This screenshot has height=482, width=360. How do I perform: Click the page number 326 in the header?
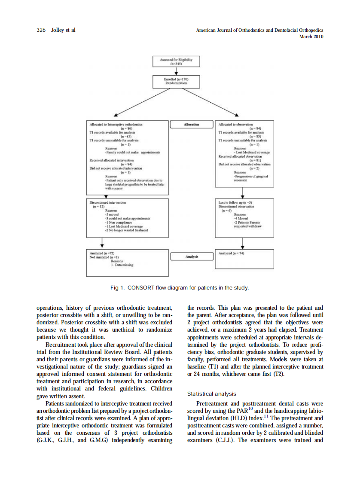[x=42, y=30]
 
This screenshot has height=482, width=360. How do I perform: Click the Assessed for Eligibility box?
[x=176, y=61]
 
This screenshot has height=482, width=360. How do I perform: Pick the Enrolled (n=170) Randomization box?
[x=176, y=81]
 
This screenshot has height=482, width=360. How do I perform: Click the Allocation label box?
[x=192, y=125]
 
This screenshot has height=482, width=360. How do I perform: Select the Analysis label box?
[x=192, y=256]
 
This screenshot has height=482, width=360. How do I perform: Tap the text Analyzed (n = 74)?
[x=232, y=253]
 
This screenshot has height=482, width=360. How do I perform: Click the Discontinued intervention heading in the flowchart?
[x=108, y=201]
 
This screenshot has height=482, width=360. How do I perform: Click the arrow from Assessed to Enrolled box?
[x=176, y=71]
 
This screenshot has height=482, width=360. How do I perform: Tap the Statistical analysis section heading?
[x=211, y=394]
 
